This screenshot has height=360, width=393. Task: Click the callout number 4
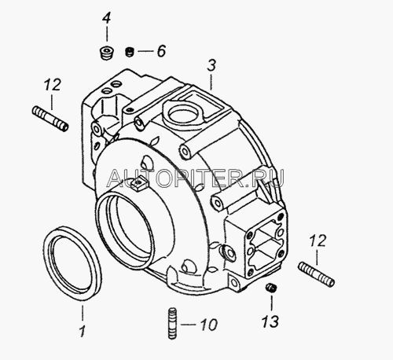coord(106,18)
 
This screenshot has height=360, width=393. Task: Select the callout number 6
coord(161,51)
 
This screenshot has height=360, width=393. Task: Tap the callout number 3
coord(211,65)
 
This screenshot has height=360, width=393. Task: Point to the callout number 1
coord(83,331)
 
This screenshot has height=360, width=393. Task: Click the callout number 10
coord(209,325)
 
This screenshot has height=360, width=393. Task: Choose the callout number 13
coord(270,321)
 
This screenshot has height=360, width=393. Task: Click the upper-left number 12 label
coord(52,84)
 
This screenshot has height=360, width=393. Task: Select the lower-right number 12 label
coord(318,241)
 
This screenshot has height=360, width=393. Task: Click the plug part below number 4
coord(107,53)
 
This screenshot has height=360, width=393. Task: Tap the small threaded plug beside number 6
coord(130,52)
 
